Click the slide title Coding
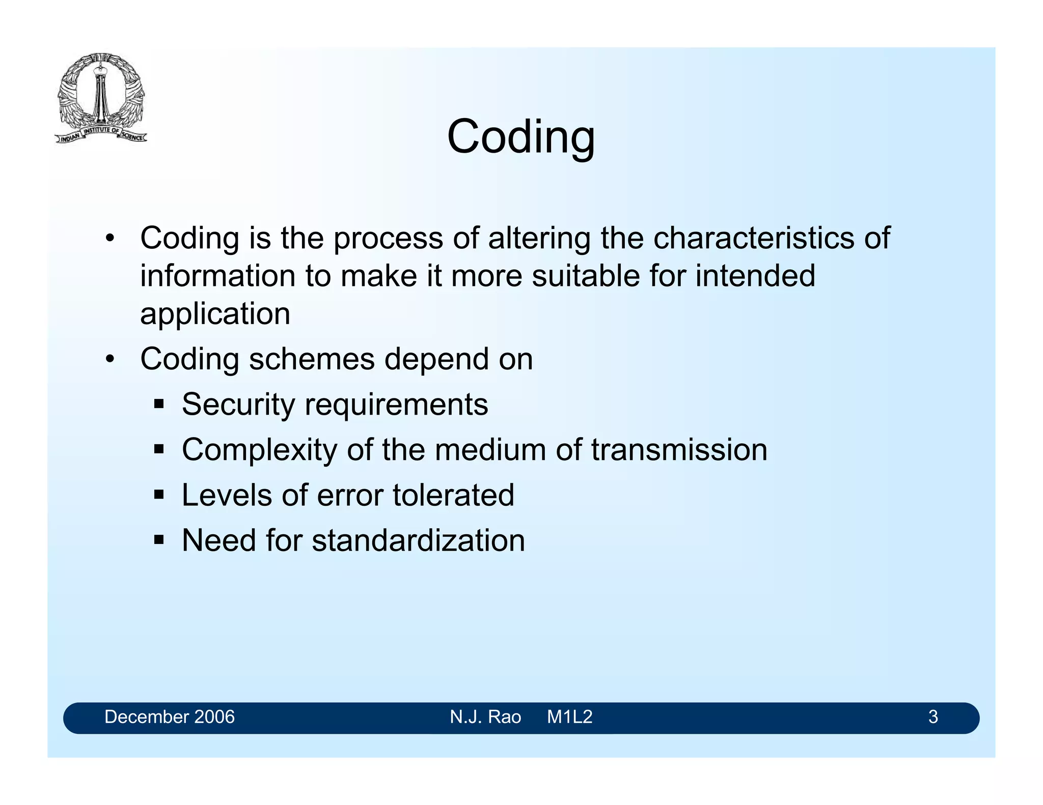point(520,136)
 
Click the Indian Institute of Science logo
point(101,98)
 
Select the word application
point(215,314)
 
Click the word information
point(218,276)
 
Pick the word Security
point(238,405)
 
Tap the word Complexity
point(259,450)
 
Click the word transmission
point(679,450)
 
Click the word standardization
point(418,540)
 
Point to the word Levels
point(227,495)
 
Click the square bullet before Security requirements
point(159,405)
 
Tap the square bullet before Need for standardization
point(159,540)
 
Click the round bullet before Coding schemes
point(110,360)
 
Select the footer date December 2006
point(169,717)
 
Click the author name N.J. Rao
point(485,717)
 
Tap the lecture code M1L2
point(569,717)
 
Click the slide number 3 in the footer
point(932,717)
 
